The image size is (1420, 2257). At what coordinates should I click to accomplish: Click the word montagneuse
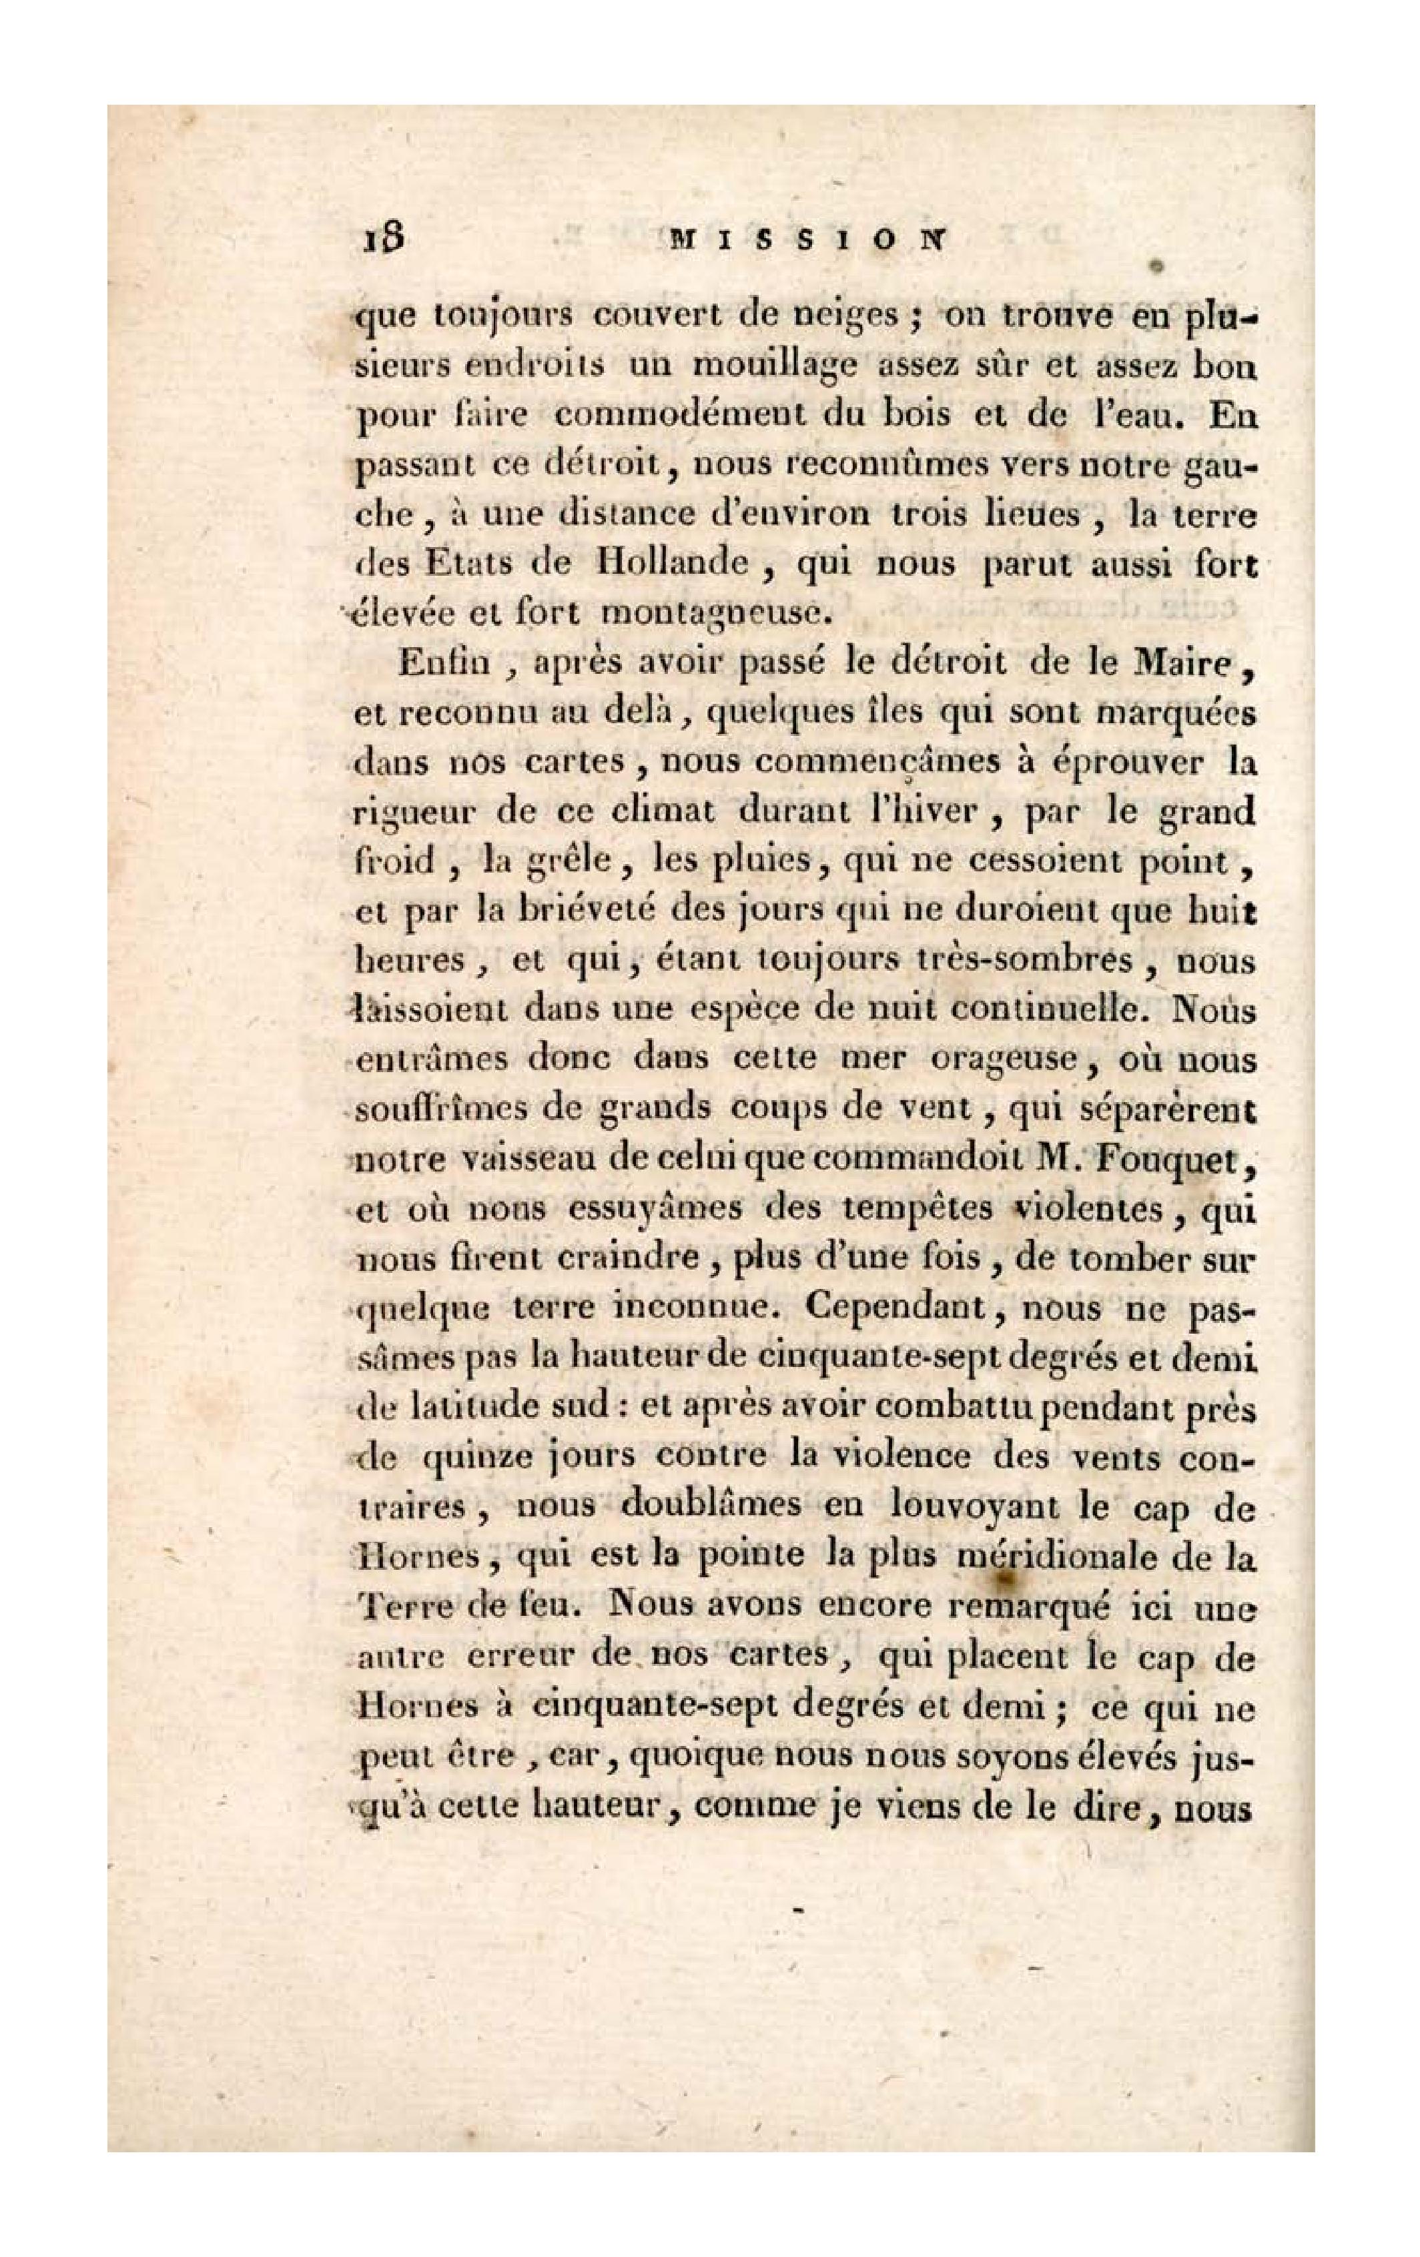click(716, 615)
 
